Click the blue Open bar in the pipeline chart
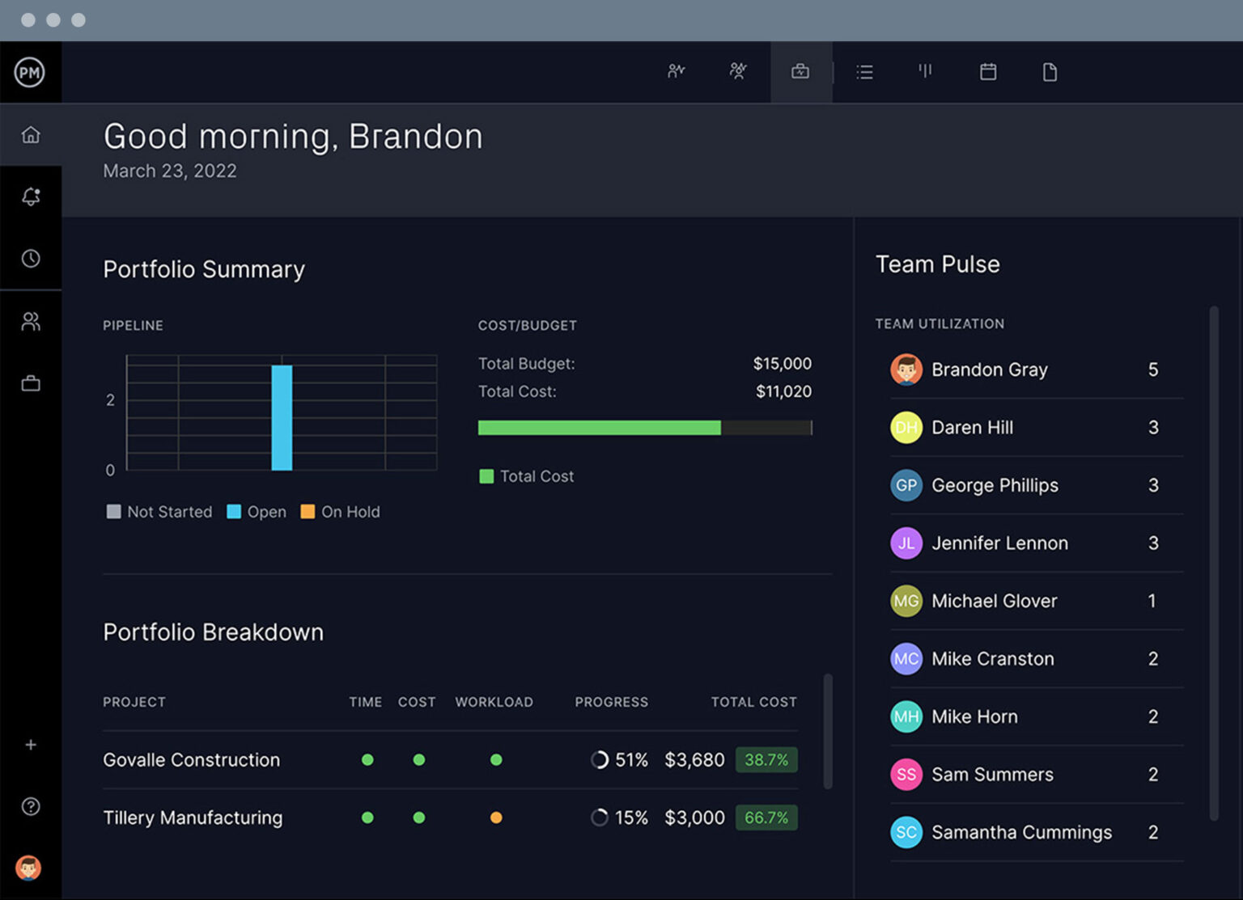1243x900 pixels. (x=282, y=417)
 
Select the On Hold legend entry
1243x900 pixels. (x=341, y=512)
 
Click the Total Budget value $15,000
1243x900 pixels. (x=782, y=364)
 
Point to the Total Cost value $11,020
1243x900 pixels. (x=783, y=391)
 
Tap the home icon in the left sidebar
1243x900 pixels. (x=31, y=135)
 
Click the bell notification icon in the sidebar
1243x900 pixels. (x=31, y=196)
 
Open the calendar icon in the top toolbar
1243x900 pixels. (x=987, y=72)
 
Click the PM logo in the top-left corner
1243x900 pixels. (x=30, y=72)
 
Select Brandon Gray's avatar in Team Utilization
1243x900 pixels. (x=906, y=370)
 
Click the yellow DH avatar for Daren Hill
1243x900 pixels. (x=906, y=428)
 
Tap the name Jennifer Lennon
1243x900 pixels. (x=999, y=543)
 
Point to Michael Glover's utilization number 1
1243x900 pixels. (x=1152, y=601)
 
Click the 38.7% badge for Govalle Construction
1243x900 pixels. (x=766, y=760)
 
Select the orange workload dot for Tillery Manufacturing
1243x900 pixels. (x=496, y=818)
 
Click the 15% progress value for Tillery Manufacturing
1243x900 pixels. (x=631, y=818)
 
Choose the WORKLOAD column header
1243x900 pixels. (x=494, y=702)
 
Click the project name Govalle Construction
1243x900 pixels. (x=191, y=760)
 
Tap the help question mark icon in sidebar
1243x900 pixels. (x=31, y=806)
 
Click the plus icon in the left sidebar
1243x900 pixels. (x=31, y=745)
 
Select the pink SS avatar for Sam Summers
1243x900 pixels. (x=906, y=775)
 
